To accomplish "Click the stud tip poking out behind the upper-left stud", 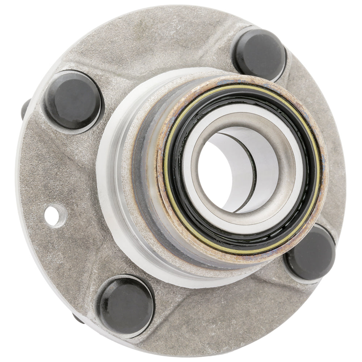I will pyautogui.click(x=25, y=109).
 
